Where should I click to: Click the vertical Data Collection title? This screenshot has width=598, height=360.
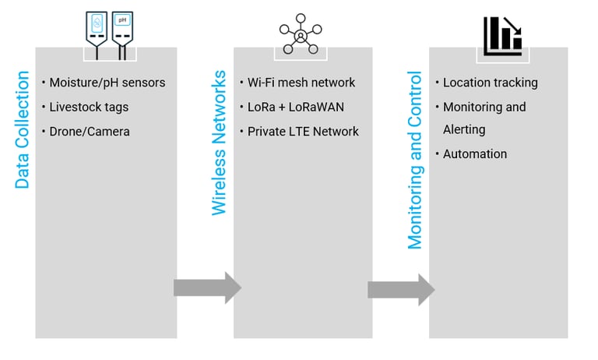tap(23, 130)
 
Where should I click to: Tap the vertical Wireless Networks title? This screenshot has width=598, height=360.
tap(219, 143)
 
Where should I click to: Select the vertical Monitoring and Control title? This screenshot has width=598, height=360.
tap(416, 161)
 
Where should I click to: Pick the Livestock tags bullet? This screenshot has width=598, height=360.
tap(89, 107)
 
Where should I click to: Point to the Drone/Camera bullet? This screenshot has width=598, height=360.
tap(90, 132)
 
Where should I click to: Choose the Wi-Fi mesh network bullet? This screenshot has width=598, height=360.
tap(301, 83)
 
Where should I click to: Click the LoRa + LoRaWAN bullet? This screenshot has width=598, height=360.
tap(294, 107)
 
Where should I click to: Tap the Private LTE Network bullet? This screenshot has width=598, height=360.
tap(303, 132)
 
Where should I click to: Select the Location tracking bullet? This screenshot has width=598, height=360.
tap(490, 83)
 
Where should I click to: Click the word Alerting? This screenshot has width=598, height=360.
tap(464, 129)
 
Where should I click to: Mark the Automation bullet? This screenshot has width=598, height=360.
tap(474, 154)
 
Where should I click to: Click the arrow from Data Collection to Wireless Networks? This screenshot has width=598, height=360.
tap(207, 288)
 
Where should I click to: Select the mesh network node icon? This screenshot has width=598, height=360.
tap(301, 34)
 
